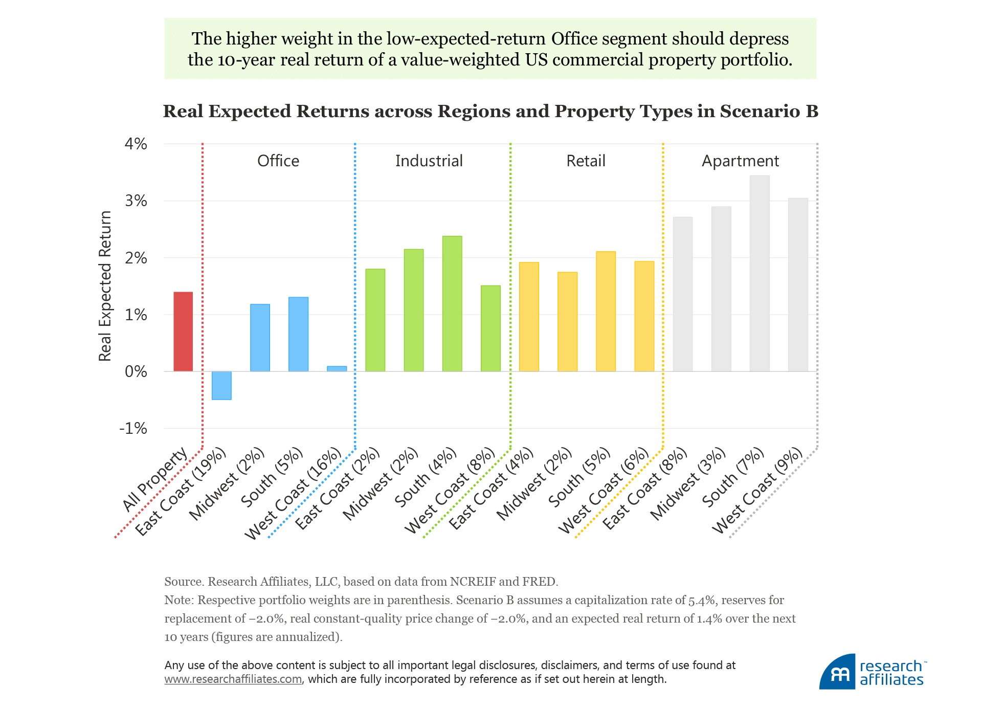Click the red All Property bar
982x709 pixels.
point(183,331)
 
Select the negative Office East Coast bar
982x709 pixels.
point(221,385)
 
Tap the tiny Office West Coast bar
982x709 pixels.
point(337,368)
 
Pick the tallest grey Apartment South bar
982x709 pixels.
point(760,273)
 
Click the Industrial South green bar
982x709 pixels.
point(452,303)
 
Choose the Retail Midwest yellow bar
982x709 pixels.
point(567,321)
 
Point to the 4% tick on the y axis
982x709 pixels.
point(136,144)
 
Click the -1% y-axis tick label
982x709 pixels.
point(133,428)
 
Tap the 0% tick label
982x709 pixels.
point(136,371)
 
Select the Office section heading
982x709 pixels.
point(278,161)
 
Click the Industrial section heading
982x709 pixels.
point(429,161)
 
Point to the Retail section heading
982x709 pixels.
point(586,161)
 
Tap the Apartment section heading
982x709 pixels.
point(740,161)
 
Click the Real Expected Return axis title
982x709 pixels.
point(105,286)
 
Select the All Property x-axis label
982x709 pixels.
point(155,479)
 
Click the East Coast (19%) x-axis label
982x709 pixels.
point(181,491)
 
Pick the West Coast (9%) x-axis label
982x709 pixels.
point(757,490)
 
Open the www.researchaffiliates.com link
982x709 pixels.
point(233,679)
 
